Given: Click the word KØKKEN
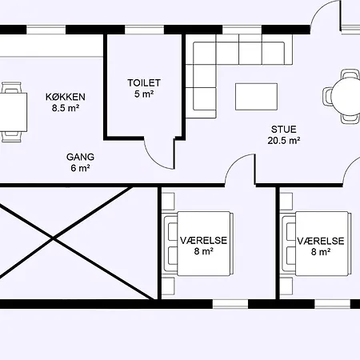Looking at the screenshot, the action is [x=66, y=97].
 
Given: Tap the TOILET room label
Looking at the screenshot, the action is [x=144, y=83].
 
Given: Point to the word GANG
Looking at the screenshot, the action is [x=80, y=157].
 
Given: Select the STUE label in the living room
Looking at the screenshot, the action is [x=284, y=130].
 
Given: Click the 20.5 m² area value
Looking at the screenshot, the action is [x=284, y=141].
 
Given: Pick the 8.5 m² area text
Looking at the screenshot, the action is [x=66, y=108].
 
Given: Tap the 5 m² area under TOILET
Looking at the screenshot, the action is [x=144, y=94].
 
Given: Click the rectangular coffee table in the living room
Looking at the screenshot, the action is [x=256, y=97].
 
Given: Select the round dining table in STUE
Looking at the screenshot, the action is [x=346, y=96].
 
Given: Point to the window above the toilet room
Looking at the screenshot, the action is [x=144, y=30].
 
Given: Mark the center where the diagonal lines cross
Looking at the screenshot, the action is [x=54, y=238].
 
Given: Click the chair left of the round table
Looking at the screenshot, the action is [x=327, y=96].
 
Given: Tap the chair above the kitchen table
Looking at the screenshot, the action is [x=11, y=87].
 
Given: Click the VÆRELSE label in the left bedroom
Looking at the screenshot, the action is [x=203, y=241].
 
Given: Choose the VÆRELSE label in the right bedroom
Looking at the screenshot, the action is [x=321, y=241].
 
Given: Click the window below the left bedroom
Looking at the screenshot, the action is [x=230, y=304].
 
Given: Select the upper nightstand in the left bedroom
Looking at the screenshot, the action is [x=168, y=202].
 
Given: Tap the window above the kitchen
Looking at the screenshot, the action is [x=46, y=30].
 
